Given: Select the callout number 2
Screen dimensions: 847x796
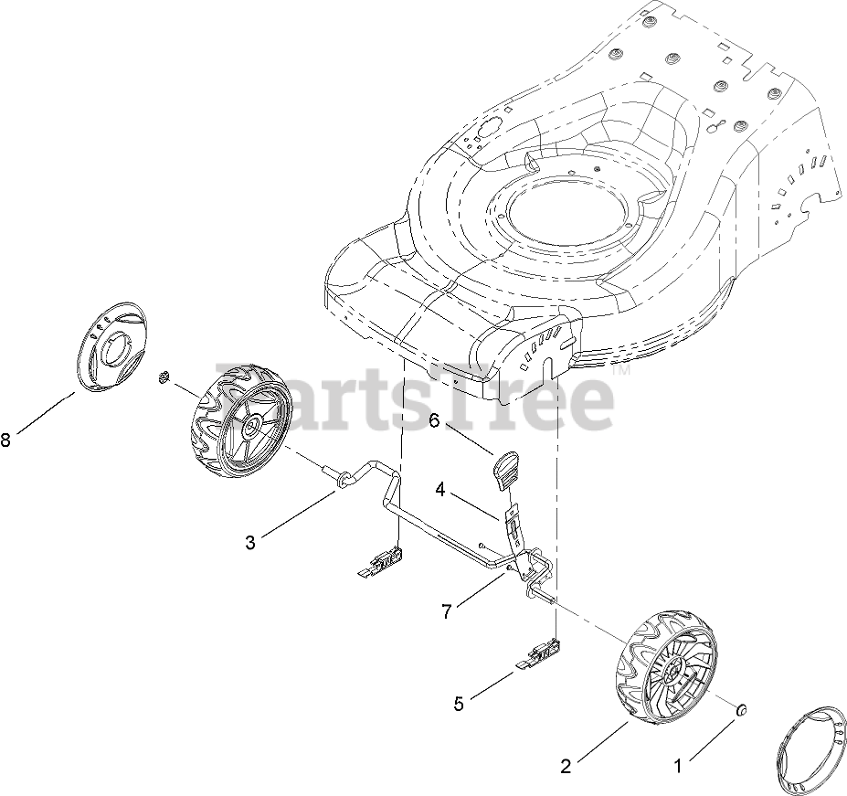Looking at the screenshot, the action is pos(566,767).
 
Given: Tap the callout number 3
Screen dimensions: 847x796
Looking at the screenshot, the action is pos(250,541).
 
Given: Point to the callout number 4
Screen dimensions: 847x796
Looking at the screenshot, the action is pos(440,490).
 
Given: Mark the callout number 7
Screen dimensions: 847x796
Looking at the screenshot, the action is pos(446,611).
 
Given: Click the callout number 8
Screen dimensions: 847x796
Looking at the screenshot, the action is pos(6,440).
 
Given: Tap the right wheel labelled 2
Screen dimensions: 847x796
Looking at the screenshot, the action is pos(665,676).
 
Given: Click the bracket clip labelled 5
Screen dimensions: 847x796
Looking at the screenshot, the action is pos(542,654).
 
